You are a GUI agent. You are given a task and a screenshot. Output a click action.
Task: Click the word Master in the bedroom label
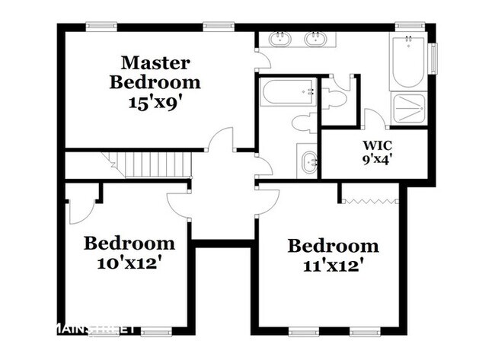pyautogui.click(x=155, y=62)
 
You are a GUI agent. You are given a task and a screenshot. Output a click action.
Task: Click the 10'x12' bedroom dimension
pyautogui.click(x=129, y=263)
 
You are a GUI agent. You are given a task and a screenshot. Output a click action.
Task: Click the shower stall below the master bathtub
pyautogui.click(x=410, y=108)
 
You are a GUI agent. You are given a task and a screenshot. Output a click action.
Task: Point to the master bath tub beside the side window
pyautogui.click(x=408, y=62)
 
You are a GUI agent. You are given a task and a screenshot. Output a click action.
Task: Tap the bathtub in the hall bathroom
pyautogui.click(x=289, y=93)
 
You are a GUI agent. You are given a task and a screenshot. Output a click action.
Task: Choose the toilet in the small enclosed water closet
pyautogui.click(x=336, y=97)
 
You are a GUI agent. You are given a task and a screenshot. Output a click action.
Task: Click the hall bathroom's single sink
pyautogui.click(x=308, y=161)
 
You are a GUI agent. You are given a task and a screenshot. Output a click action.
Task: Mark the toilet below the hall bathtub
pyautogui.click(x=303, y=123)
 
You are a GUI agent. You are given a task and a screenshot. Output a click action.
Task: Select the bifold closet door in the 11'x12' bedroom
pyautogui.click(x=369, y=202)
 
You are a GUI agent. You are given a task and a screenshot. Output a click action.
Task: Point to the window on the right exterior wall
pyautogui.click(x=433, y=59)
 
